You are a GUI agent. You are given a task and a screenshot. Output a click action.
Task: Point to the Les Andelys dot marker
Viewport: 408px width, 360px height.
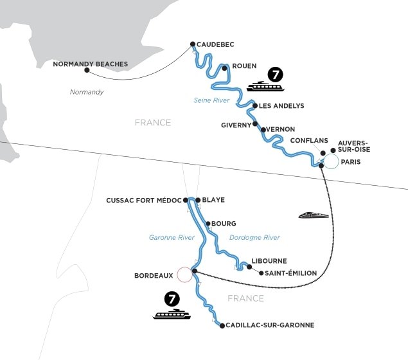254,106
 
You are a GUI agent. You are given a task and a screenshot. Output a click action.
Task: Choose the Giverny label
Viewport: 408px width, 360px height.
235,125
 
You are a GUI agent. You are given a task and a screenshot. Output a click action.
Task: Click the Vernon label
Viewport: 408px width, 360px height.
280,129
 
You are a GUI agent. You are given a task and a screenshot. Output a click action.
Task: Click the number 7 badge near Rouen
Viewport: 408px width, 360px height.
275,74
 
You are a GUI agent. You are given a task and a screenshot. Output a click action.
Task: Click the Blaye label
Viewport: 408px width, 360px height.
213,200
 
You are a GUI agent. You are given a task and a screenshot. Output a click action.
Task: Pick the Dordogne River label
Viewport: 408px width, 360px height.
254,237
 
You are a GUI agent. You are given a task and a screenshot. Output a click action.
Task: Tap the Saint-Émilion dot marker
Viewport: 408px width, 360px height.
261,273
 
